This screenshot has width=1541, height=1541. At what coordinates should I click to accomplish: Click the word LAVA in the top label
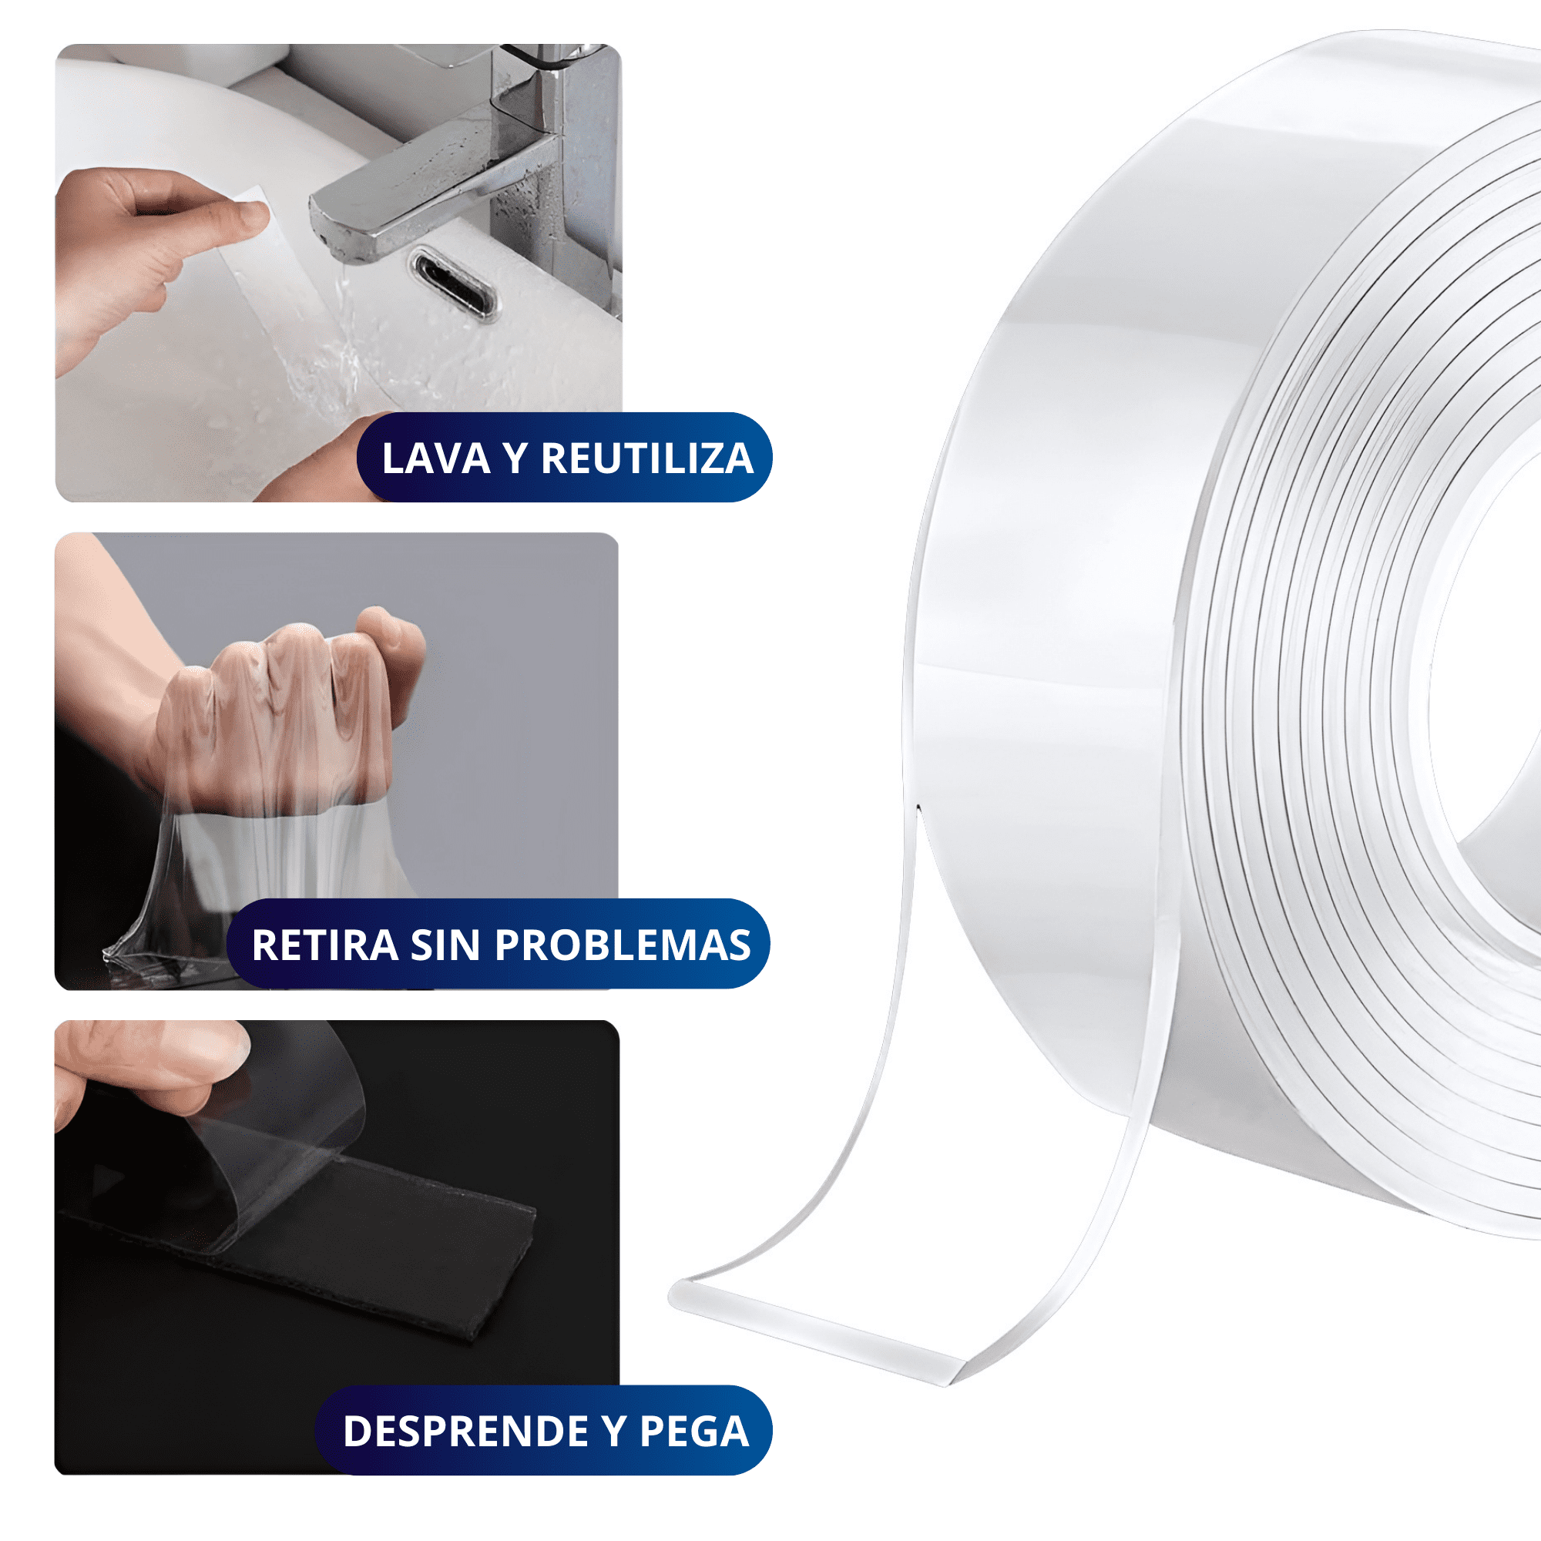pyautogui.click(x=435, y=458)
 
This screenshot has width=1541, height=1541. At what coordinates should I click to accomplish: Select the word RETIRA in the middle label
pyautogui.click(x=324, y=945)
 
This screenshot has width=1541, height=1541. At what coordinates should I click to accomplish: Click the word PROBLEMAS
pyautogui.click(x=622, y=945)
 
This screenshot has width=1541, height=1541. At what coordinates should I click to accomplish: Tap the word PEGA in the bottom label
pyautogui.click(x=694, y=1431)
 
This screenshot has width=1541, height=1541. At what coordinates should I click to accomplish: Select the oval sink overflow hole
pyautogui.click(x=452, y=283)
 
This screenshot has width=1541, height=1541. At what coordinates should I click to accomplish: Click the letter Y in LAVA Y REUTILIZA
pyautogui.click(x=515, y=458)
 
